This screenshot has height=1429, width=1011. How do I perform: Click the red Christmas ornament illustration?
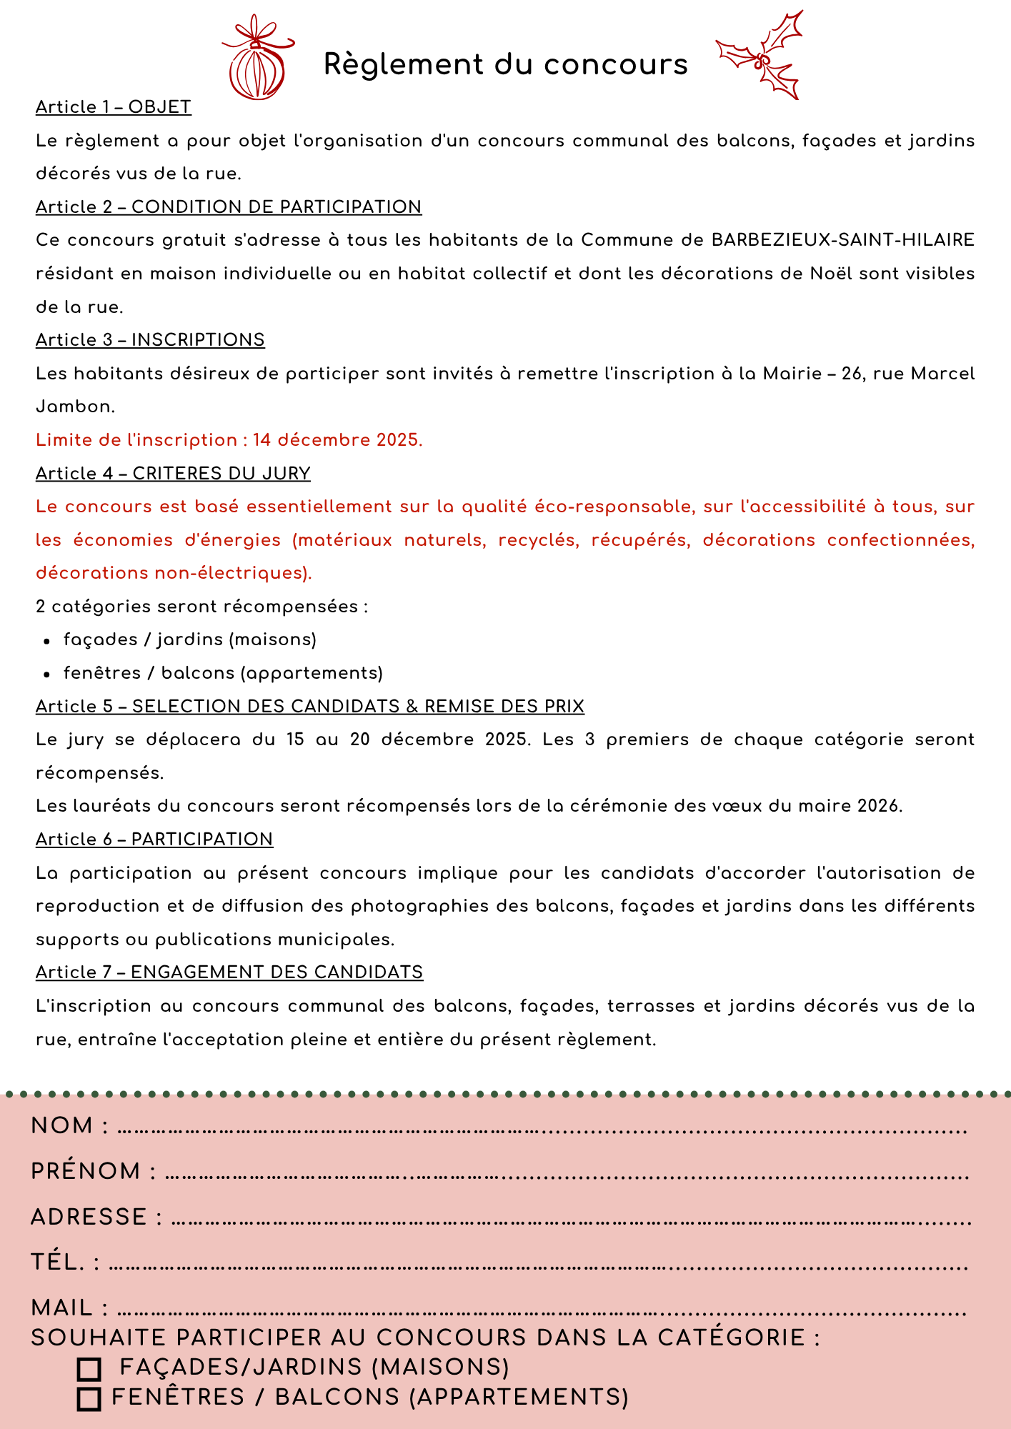point(257,61)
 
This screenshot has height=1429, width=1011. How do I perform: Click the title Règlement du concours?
point(505,64)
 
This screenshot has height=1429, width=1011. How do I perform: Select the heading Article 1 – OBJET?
point(114,107)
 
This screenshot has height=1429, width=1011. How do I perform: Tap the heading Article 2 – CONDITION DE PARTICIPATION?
point(229,207)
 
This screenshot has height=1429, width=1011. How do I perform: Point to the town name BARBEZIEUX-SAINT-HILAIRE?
point(843,240)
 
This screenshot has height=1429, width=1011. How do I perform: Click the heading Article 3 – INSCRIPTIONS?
point(150,340)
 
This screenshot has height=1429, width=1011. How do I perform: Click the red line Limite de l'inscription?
point(229,440)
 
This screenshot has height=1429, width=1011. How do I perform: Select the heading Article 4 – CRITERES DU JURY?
point(173,474)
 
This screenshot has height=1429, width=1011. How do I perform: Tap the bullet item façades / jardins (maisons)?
point(189,639)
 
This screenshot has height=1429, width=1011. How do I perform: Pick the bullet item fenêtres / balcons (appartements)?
point(223,673)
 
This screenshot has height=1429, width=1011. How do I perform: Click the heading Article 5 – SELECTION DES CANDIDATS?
point(309,707)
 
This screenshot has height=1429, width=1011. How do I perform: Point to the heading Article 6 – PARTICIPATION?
point(154,840)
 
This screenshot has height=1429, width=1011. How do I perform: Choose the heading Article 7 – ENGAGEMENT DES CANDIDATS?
point(229,972)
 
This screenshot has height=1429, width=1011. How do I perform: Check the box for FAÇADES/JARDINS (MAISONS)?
point(89,1369)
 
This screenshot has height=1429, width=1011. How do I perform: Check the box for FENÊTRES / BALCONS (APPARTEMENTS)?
point(89,1399)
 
